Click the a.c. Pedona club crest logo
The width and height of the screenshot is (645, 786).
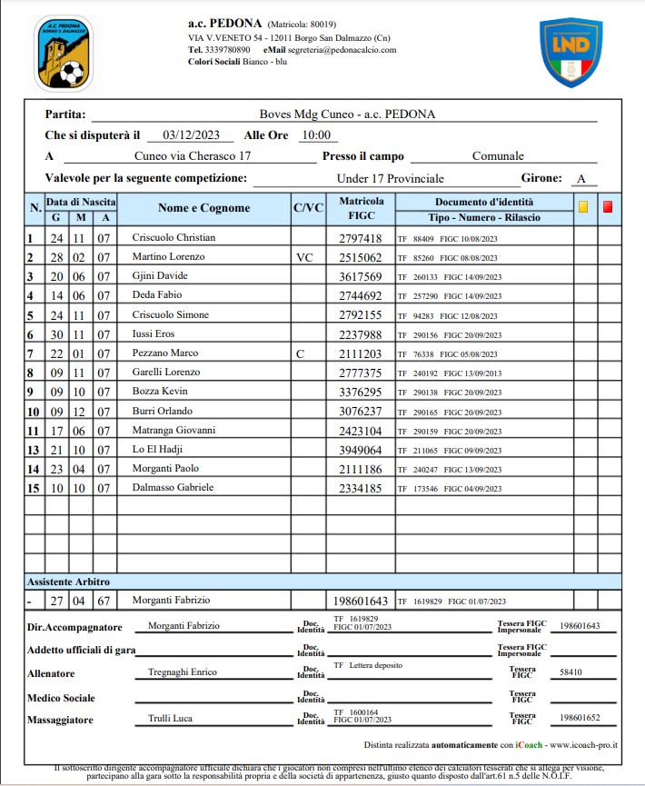tap(64, 55)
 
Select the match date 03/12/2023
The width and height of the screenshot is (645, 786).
tap(191, 134)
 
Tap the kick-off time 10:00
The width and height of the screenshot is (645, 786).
tap(316, 134)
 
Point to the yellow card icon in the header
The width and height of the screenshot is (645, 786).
tap(583, 207)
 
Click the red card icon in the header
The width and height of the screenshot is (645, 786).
tap(608, 207)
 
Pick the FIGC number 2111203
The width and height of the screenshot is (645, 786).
tap(360, 353)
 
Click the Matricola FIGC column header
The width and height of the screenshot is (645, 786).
tap(360, 208)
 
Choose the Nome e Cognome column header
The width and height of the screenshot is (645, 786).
tap(203, 208)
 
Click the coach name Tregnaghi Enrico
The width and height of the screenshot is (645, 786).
tap(183, 673)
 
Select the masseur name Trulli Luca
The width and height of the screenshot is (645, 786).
tap(170, 718)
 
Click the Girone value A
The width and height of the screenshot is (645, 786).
tap(580, 178)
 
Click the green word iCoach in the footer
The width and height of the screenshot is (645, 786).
tap(529, 744)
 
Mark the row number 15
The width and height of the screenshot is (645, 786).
tap(33, 487)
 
